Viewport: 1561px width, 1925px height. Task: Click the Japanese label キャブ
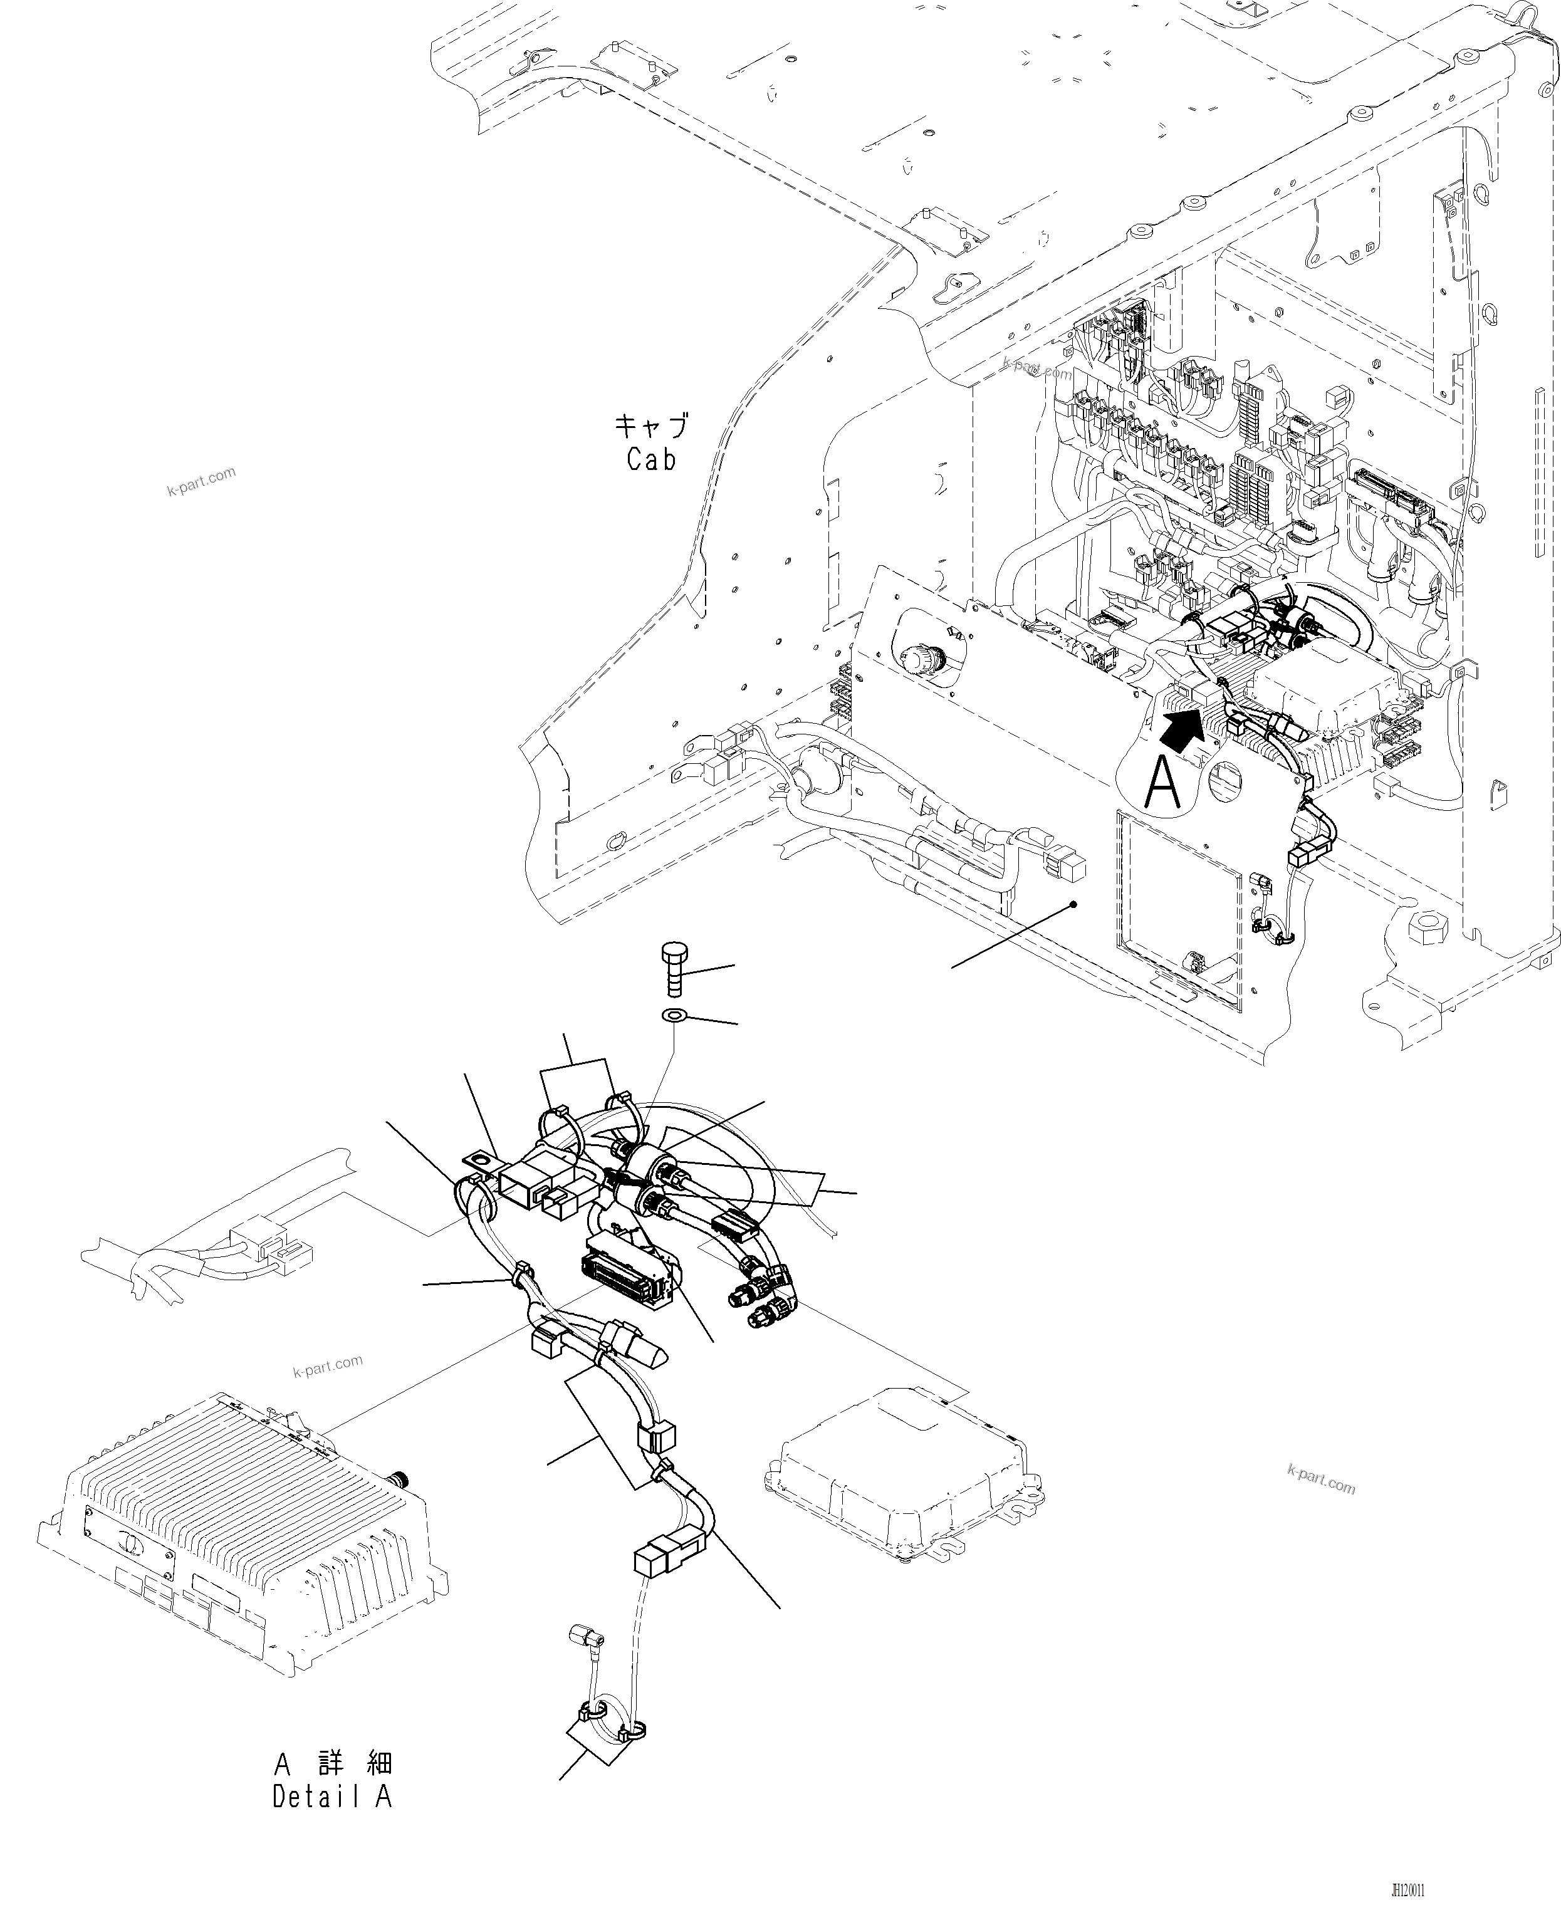pos(651,425)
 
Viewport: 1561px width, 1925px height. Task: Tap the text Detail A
pos(333,1797)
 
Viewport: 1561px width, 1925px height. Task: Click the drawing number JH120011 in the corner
pos(1407,1890)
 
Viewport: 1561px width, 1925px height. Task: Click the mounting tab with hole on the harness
pos(479,1162)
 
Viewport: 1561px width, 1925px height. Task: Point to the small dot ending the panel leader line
pos(1073,904)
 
